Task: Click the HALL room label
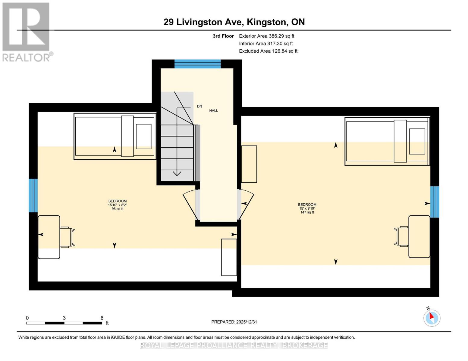tap(214, 111)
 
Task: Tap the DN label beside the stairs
tap(199, 106)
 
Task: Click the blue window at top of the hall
tap(198, 64)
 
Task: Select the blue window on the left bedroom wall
tap(33, 196)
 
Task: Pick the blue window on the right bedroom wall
tap(435, 202)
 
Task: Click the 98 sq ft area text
tap(118, 209)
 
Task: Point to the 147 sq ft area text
tap(307, 212)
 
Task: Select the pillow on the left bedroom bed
tap(144, 136)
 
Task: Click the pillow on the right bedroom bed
tap(417, 141)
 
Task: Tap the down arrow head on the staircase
tap(177, 173)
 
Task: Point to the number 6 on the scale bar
tap(102, 318)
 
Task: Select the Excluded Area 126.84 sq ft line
tap(268, 51)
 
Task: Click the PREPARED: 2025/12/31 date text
tap(234, 322)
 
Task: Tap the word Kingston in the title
tap(266, 22)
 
